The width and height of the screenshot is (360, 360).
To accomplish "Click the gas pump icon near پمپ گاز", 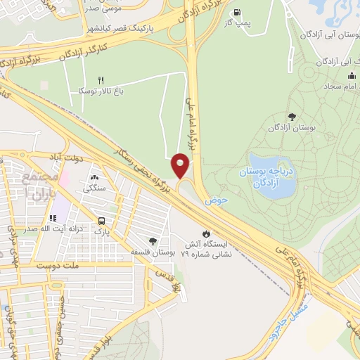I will coord(236,12).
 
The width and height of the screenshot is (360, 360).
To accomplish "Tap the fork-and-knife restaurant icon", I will coord(101,81).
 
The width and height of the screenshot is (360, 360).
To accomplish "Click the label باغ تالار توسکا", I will coord(101,91).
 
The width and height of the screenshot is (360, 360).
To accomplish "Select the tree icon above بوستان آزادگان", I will coord(292,117).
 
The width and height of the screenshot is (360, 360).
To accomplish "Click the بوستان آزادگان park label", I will coord(292,129).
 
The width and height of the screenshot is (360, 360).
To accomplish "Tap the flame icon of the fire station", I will coord(205,233).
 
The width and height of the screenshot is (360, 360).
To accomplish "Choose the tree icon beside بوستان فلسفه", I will coord(153,241).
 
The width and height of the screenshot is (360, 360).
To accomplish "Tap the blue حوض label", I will coord(217,201).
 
